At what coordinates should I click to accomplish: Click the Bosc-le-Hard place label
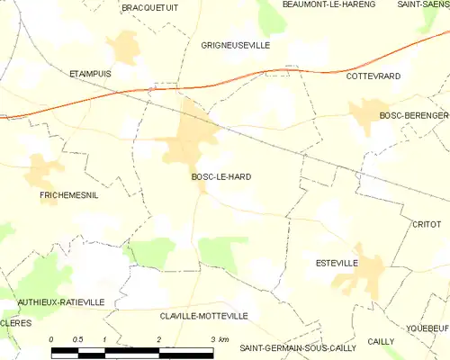(x=220, y=177)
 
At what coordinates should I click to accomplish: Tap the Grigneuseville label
(x=236, y=44)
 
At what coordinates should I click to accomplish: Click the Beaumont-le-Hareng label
(x=303, y=4)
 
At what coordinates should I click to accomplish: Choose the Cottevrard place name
(x=373, y=76)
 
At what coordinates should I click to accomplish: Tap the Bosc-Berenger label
(x=413, y=116)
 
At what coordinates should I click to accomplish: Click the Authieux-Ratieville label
(x=60, y=302)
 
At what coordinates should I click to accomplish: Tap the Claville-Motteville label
(x=204, y=316)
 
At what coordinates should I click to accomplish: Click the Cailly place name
(x=381, y=341)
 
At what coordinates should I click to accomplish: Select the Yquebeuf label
(x=427, y=328)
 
